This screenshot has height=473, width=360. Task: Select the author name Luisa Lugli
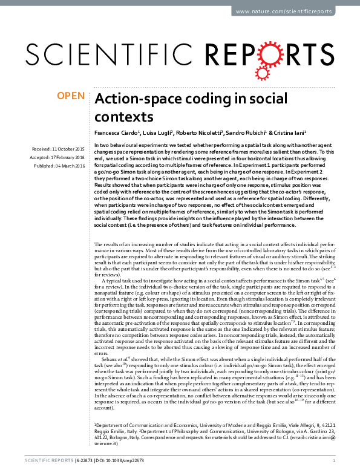tap(158, 132)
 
